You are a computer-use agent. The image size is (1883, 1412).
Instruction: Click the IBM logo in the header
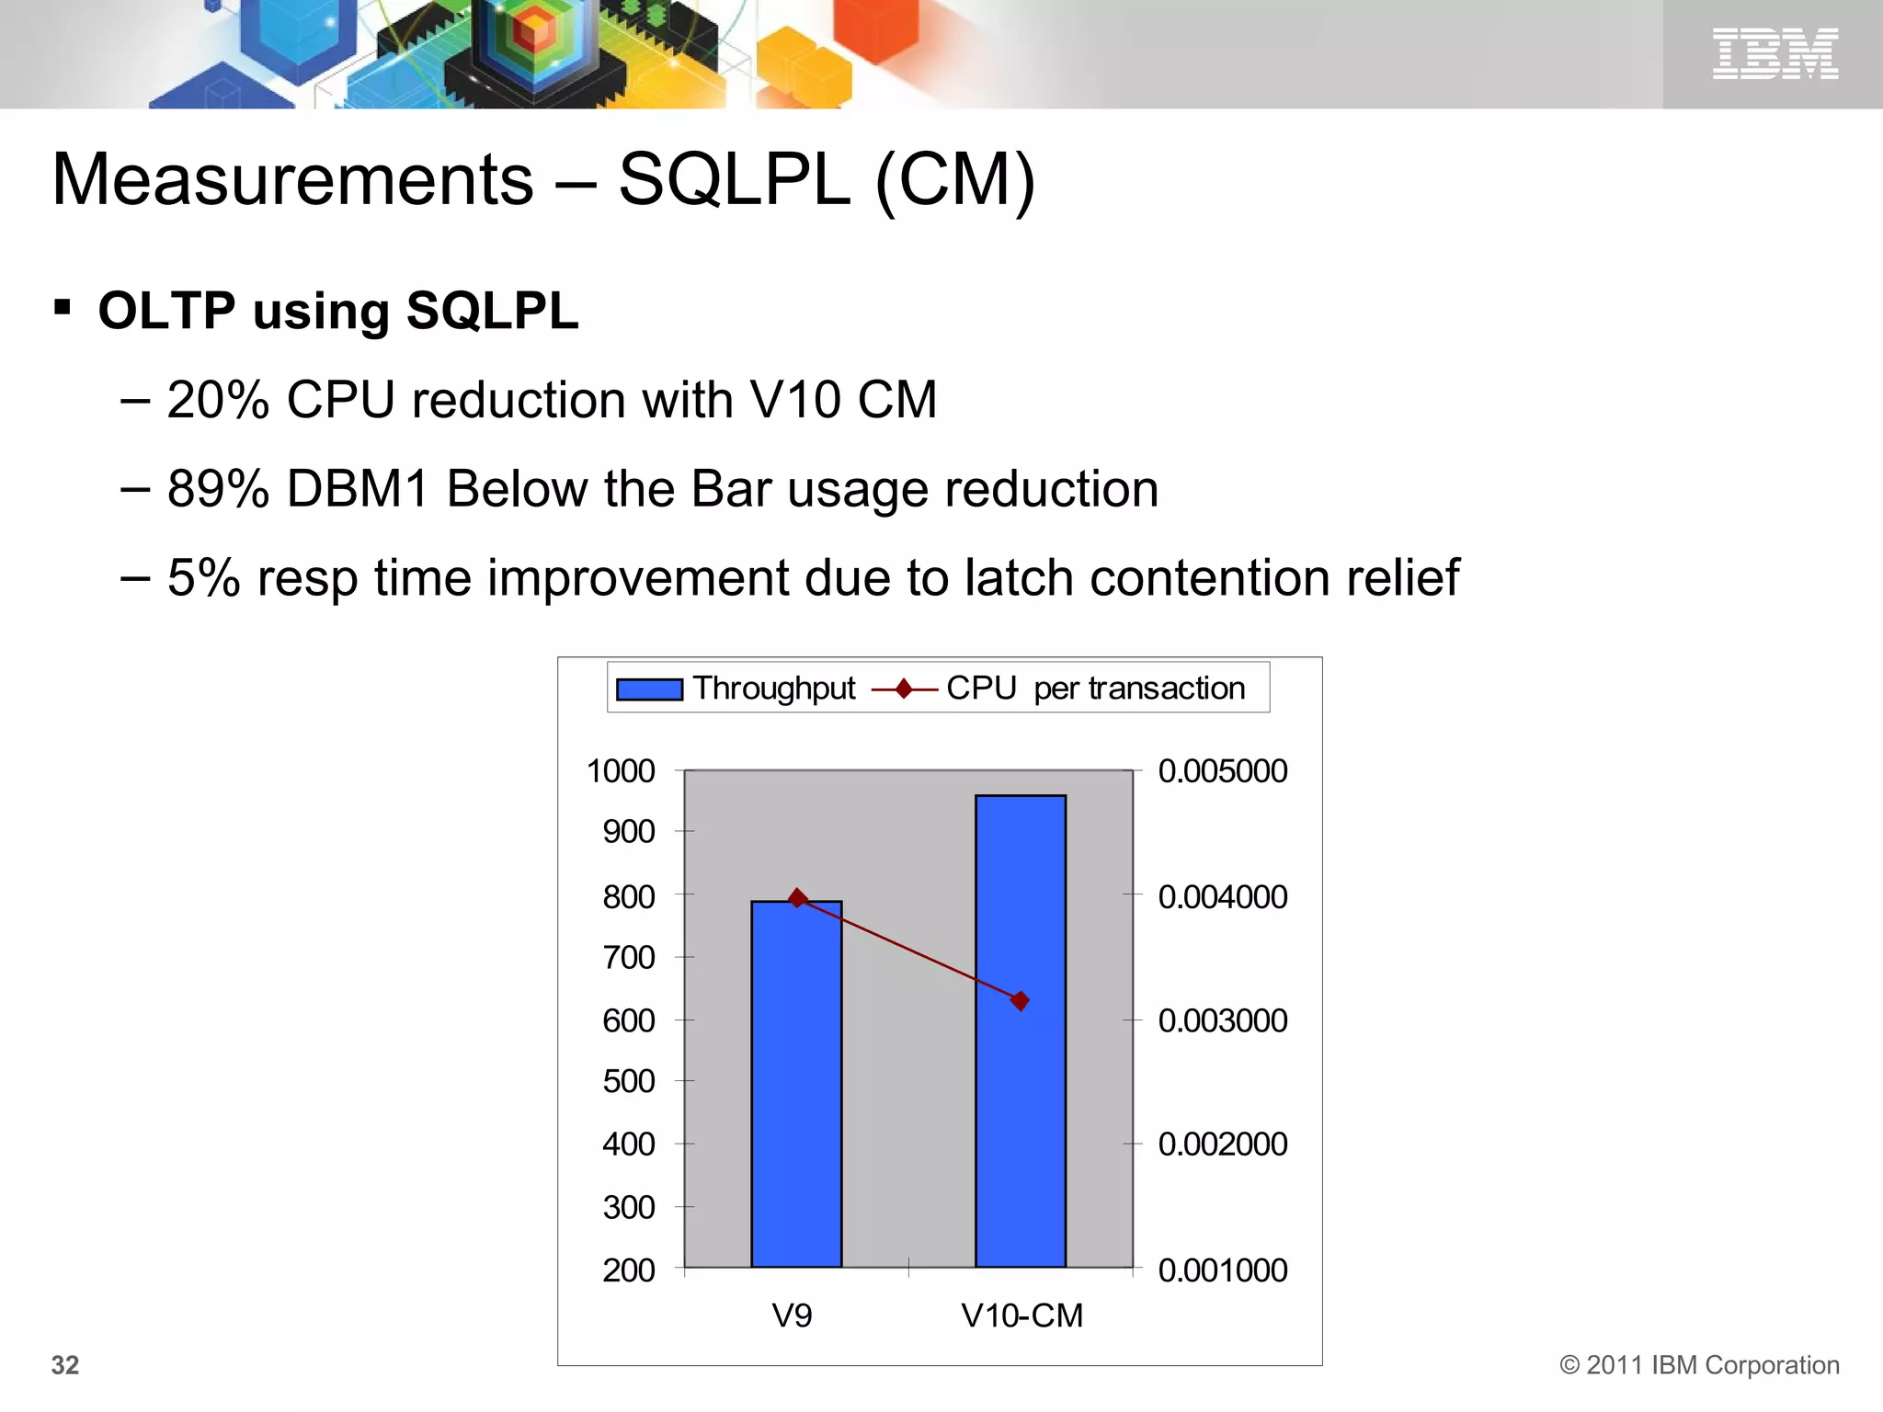tap(1775, 53)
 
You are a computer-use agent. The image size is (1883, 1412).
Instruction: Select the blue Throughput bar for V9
tap(796, 1085)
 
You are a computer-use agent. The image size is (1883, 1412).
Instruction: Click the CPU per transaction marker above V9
tap(798, 898)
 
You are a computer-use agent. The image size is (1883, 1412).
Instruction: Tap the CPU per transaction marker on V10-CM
tap(1020, 1000)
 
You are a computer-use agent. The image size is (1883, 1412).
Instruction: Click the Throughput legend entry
tap(736, 689)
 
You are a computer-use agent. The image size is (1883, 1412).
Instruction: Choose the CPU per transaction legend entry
tap(1057, 689)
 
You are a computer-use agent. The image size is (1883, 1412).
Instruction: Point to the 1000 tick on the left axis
tap(621, 771)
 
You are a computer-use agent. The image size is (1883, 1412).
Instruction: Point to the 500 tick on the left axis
tap(629, 1082)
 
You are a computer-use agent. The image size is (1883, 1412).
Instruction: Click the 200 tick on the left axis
tap(629, 1270)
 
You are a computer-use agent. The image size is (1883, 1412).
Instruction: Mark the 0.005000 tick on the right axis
tap(1223, 771)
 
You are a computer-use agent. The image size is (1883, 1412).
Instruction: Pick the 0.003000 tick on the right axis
tap(1223, 1020)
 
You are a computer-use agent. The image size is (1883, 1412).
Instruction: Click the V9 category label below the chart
tap(793, 1315)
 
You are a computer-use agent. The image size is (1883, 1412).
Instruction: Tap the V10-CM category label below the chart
tap(1022, 1315)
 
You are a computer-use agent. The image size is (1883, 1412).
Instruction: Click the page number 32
tap(65, 1365)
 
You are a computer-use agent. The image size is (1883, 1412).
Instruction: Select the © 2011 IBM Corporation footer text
tap(1699, 1365)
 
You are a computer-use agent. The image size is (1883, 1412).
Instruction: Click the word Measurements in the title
tap(292, 179)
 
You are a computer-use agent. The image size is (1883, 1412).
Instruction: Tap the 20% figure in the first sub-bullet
tap(218, 401)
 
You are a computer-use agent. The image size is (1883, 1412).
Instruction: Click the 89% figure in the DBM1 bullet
tap(218, 489)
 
